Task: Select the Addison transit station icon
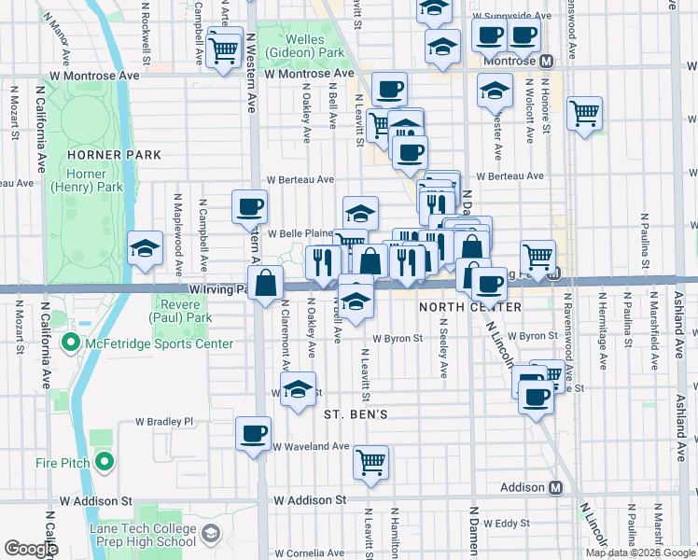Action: pyautogui.click(x=556, y=487)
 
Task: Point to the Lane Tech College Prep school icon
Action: pyautogui.click(x=211, y=534)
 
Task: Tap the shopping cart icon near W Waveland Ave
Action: pyautogui.click(x=371, y=461)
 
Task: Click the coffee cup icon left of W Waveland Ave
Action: pyautogui.click(x=253, y=433)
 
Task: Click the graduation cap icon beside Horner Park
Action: pyautogui.click(x=145, y=247)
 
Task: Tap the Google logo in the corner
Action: pyautogui.click(x=32, y=549)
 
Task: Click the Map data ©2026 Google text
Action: pyautogui.click(x=640, y=553)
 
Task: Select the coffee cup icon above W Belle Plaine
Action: pyautogui.click(x=249, y=206)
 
